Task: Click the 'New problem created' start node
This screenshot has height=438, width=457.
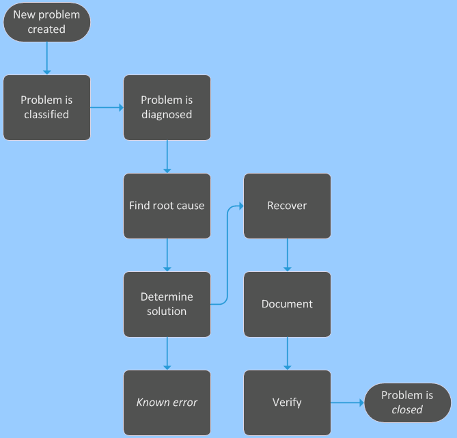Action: (46, 23)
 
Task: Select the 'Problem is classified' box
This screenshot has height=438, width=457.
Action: (46, 107)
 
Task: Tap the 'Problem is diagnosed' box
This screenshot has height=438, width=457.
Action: (167, 107)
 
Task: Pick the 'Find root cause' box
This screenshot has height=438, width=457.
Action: (167, 206)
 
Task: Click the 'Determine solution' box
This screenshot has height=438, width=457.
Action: (167, 304)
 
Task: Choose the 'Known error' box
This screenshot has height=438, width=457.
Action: (167, 402)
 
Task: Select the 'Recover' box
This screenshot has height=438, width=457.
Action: (287, 206)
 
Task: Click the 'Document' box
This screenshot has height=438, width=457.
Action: (287, 304)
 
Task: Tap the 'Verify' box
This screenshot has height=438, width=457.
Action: (287, 402)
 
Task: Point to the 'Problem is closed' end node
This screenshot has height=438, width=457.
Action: (407, 402)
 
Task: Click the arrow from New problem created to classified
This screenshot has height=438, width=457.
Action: (46, 57)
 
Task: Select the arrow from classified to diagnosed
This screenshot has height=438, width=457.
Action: (107, 107)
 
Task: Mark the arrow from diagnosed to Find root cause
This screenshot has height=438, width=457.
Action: (167, 156)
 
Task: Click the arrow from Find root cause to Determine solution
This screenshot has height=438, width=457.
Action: (167, 255)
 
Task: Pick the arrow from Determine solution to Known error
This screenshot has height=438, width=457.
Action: (167, 353)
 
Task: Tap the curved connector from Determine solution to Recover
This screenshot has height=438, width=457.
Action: (226, 254)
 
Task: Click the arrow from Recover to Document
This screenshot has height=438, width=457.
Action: (287, 255)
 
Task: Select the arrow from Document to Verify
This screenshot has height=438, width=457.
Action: (287, 353)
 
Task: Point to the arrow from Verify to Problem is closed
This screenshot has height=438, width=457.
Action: (347, 402)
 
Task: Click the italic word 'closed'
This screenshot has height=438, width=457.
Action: (407, 410)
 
